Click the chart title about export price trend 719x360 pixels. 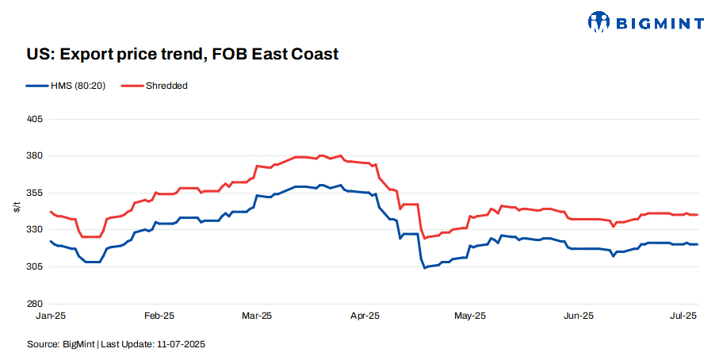click(182, 55)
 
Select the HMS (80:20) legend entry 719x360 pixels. click(74, 86)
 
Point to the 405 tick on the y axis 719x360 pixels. click(35, 119)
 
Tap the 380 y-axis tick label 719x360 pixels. click(35, 156)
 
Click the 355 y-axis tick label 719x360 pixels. click(35, 193)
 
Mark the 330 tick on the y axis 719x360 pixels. click(35, 230)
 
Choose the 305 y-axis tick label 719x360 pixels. click(35, 266)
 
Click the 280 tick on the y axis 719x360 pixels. click(35, 304)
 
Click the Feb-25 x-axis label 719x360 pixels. click(159, 316)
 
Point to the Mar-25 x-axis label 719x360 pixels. click(257, 316)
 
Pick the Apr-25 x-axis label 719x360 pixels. click(364, 316)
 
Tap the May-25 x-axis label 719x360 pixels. click(470, 316)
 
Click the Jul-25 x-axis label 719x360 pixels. click(683, 316)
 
